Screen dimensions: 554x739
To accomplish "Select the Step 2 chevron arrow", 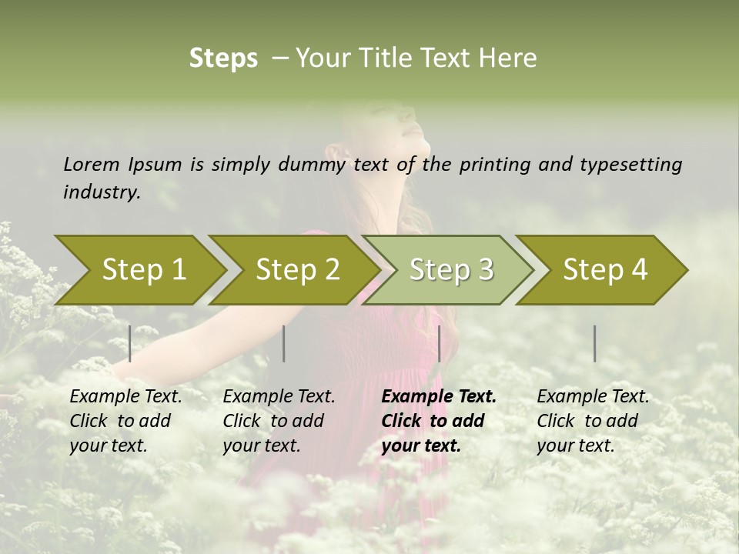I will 296,270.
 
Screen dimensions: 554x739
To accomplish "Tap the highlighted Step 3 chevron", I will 450,270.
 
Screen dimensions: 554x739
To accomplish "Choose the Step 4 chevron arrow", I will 604,270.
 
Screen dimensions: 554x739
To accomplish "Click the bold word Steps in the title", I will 223,58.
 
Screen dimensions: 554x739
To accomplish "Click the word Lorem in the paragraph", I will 91,164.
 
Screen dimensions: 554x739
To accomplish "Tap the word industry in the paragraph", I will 102,192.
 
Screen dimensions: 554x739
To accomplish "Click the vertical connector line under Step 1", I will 130,343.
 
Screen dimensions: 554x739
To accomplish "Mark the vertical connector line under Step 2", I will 284,343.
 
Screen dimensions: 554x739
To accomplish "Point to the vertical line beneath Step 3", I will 439,343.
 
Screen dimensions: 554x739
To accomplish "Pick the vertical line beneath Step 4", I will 595,343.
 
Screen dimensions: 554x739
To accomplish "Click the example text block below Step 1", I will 125,421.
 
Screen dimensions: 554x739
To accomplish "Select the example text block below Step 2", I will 278,421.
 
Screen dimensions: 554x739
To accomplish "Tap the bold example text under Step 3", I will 438,421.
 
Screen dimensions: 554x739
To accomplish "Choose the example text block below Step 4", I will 592,421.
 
